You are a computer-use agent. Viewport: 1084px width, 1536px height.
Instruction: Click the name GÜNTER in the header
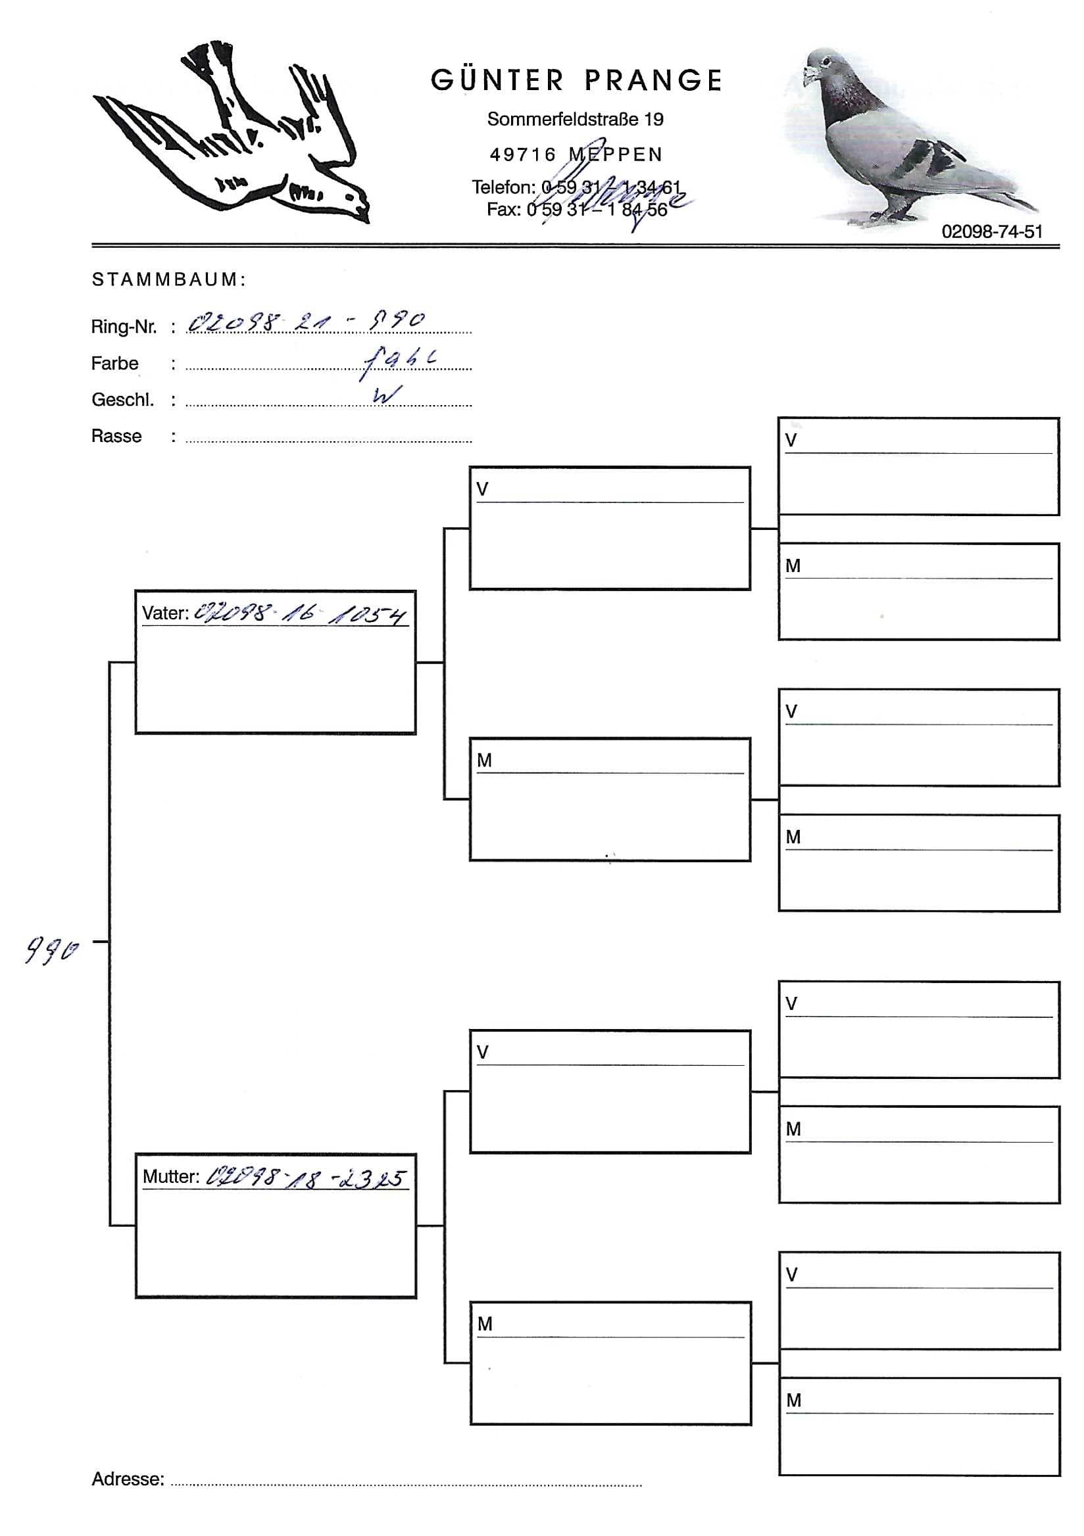coord(497,81)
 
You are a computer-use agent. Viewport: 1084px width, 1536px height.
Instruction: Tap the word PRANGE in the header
coord(654,81)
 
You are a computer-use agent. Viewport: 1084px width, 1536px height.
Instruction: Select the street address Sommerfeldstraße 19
coord(575,120)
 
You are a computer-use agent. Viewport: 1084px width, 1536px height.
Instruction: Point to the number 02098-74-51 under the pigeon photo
coord(992,231)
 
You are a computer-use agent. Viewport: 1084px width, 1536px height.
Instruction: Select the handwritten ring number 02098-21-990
coord(306,322)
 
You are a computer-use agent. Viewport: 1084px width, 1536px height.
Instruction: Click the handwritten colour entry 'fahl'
coord(400,360)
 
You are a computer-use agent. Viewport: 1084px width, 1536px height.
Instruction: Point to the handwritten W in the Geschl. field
coord(387,395)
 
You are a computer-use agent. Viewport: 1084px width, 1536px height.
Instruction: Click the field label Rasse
coord(116,436)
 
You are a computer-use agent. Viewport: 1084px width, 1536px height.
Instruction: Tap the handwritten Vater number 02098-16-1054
coord(300,614)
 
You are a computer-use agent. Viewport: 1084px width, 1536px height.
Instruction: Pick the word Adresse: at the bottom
coord(128,1479)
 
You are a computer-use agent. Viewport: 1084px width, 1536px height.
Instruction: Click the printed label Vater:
coord(165,613)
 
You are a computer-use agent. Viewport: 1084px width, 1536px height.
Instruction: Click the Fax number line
coord(576,210)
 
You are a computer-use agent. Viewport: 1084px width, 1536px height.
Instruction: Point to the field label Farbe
coord(114,363)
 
